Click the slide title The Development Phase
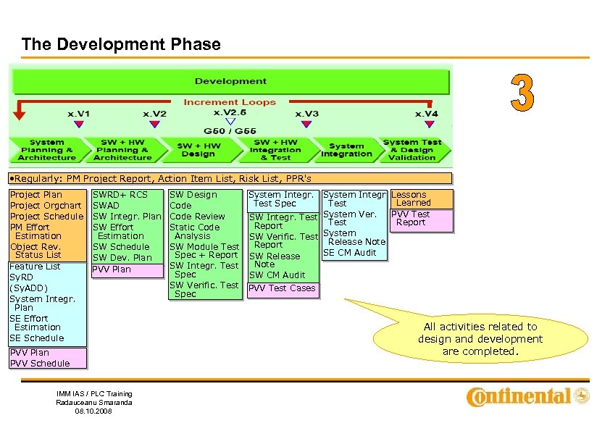[x=121, y=44]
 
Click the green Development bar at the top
[x=230, y=81]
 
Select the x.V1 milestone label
[x=79, y=114]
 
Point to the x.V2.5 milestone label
[x=230, y=112]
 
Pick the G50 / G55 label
[x=230, y=130]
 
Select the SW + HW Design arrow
[x=198, y=150]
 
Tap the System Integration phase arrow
[x=346, y=150]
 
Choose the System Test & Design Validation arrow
[x=413, y=150]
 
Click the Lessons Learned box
[x=422, y=199]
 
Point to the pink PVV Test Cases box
[x=282, y=288]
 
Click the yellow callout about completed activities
[x=480, y=338]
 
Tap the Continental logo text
[x=519, y=396]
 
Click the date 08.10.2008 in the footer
[x=94, y=411]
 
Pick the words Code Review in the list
[x=197, y=217]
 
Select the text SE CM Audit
[x=350, y=253]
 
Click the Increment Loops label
[x=229, y=102]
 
